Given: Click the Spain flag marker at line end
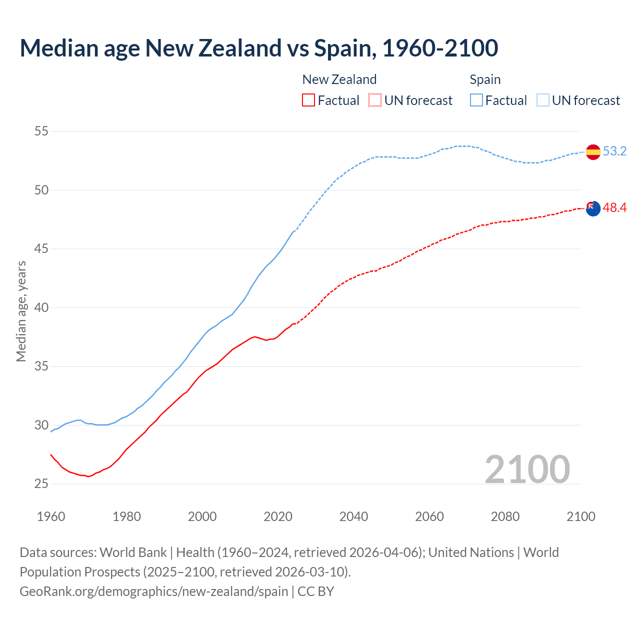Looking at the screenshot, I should [592, 151].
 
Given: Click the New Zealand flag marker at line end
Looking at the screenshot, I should [592, 208].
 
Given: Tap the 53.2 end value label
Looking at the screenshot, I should [614, 151].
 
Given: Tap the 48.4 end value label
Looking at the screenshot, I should [614, 207].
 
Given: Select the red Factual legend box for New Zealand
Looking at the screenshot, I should [308, 100].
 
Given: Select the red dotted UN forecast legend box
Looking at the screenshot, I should [375, 100].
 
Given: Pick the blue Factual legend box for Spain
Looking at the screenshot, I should [476, 100].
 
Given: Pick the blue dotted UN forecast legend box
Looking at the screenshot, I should [543, 100].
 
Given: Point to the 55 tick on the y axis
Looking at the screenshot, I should [41, 131].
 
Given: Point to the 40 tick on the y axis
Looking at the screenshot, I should [41, 307].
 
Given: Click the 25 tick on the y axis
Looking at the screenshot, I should [41, 483].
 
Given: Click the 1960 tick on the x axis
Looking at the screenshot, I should [51, 516].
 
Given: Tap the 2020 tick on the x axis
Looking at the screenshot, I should [278, 516].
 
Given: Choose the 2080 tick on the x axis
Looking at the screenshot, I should [505, 516].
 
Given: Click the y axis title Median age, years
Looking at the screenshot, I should [21, 311].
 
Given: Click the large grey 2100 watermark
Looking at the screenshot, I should [527, 469].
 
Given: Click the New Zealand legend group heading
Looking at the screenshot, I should [339, 79].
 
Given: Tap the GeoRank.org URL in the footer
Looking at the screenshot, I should [153, 591].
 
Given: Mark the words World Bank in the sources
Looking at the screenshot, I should [133, 552].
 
